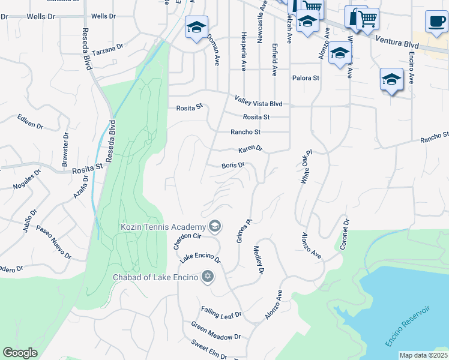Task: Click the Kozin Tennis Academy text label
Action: pyautogui.click(x=163, y=227)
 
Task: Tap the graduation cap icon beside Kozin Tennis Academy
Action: pyautogui.click(x=215, y=226)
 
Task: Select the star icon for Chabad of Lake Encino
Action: pyautogui.click(x=208, y=276)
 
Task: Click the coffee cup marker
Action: pyautogui.click(x=436, y=22)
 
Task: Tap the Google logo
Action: pyautogui.click(x=20, y=353)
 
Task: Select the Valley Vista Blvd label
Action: pyautogui.click(x=258, y=103)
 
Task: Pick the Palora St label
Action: pyautogui.click(x=306, y=78)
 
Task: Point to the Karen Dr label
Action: pyautogui.click(x=250, y=148)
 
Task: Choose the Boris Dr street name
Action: pyautogui.click(x=233, y=165)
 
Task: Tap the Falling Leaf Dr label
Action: pyautogui.click(x=221, y=313)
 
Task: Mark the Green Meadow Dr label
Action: pyautogui.click(x=215, y=332)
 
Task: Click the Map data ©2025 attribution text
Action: pyautogui.click(x=423, y=355)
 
